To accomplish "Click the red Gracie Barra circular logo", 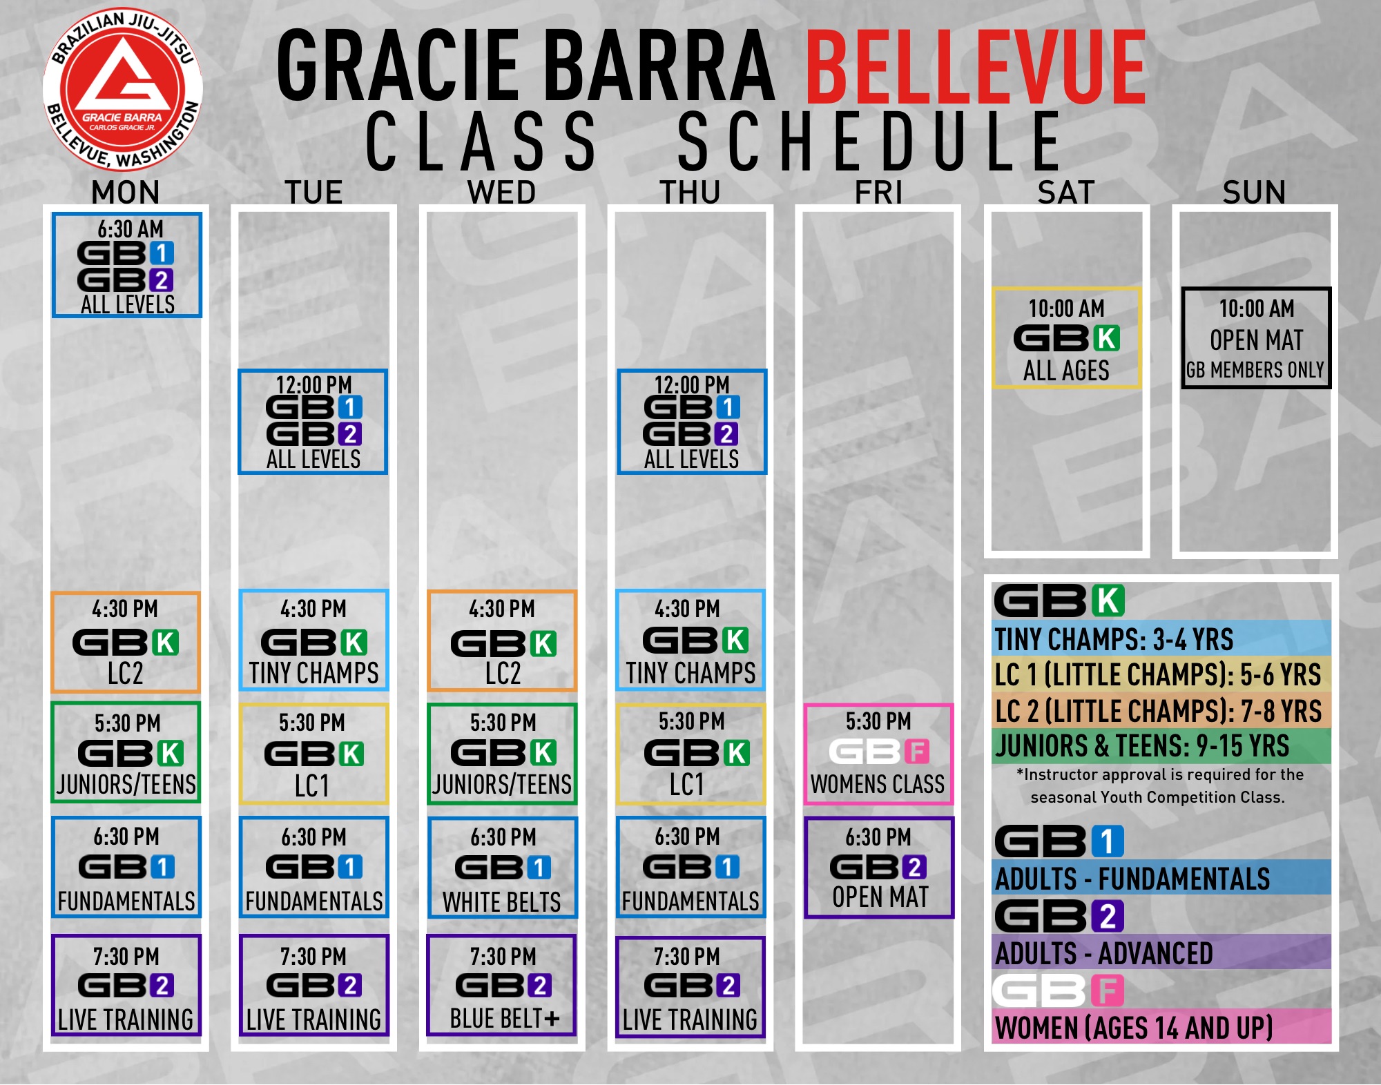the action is pyautogui.click(x=123, y=90).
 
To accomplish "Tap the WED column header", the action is pyautogui.click(x=502, y=192).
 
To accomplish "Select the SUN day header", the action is pyautogui.click(x=1254, y=192).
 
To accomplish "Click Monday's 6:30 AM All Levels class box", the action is pyautogui.click(x=127, y=265).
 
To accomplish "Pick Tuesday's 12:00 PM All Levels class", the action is pyautogui.click(x=313, y=422).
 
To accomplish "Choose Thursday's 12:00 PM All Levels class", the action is pyautogui.click(x=692, y=422).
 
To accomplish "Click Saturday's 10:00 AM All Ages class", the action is pyautogui.click(x=1066, y=338).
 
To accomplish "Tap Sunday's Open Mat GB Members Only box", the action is pyautogui.click(x=1256, y=338).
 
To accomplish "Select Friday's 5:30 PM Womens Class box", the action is pyautogui.click(x=878, y=754).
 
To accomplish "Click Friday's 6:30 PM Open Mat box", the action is pyautogui.click(x=878, y=868).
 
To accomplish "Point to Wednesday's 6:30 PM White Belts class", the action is pyautogui.click(x=502, y=868).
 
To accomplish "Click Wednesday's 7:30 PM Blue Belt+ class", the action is pyautogui.click(x=502, y=986).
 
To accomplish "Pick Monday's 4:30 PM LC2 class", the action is pyautogui.click(x=126, y=642).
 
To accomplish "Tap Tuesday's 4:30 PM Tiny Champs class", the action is pyautogui.click(x=313, y=640).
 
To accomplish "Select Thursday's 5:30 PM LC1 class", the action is pyautogui.click(x=690, y=754).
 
